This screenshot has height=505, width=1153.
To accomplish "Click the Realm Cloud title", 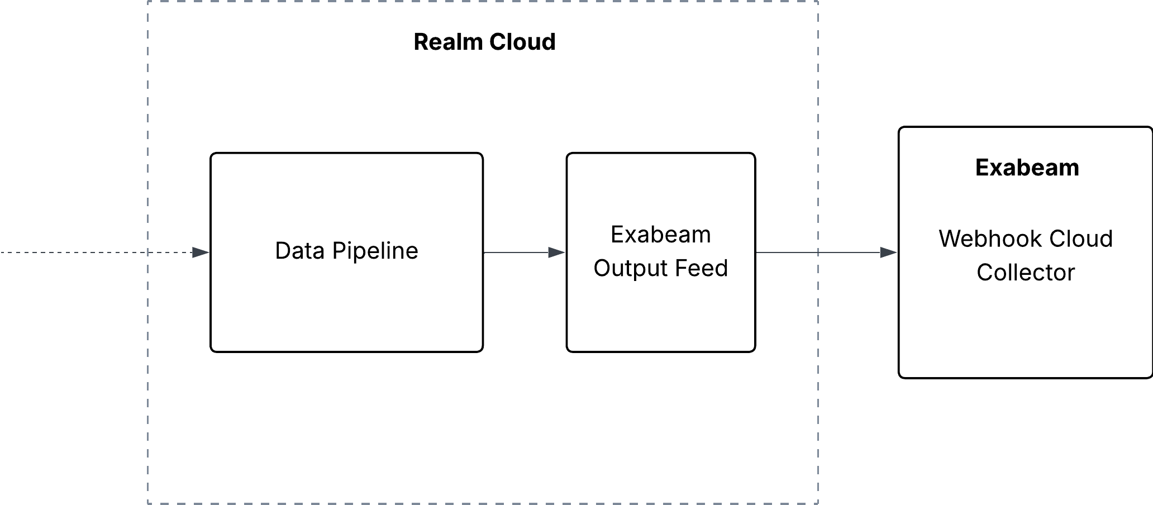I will (x=484, y=42).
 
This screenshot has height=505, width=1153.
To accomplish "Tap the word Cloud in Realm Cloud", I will (x=522, y=42).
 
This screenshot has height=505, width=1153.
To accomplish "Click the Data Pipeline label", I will (x=346, y=251).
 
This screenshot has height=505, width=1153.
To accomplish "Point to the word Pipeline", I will (x=375, y=251).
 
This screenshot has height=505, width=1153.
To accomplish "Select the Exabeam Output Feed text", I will (x=661, y=251).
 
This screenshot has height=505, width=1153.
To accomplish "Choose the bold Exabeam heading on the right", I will (x=1027, y=168).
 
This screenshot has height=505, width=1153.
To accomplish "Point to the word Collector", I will (x=1026, y=273).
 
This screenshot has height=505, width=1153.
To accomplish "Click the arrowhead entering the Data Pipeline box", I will (x=201, y=252).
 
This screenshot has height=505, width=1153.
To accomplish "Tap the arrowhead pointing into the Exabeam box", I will (x=889, y=252).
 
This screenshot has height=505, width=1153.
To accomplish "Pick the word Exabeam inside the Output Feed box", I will (x=661, y=235).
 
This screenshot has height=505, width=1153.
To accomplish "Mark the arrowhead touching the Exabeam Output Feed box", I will (x=557, y=252).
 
